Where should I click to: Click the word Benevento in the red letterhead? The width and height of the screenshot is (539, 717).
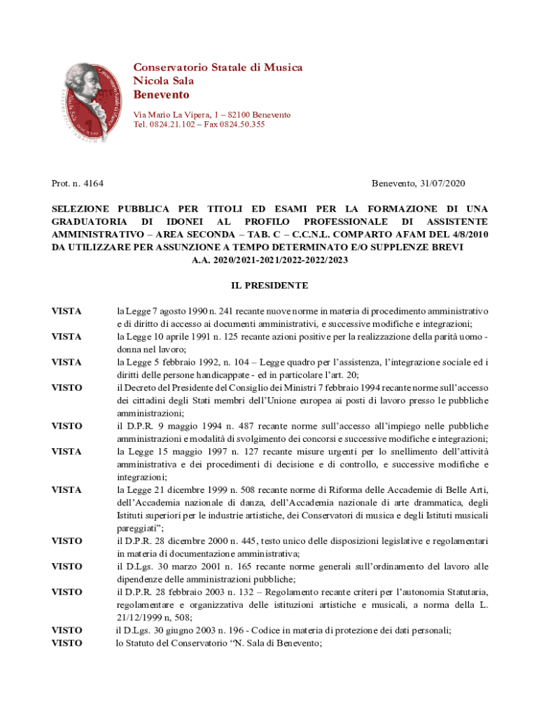(x=161, y=95)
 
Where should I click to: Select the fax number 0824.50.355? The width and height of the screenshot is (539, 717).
(x=242, y=125)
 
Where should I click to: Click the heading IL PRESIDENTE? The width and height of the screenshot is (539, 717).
(x=269, y=286)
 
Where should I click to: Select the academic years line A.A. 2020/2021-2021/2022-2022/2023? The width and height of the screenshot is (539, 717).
(x=269, y=260)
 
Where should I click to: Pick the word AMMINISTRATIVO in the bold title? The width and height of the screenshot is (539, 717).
(x=98, y=235)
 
